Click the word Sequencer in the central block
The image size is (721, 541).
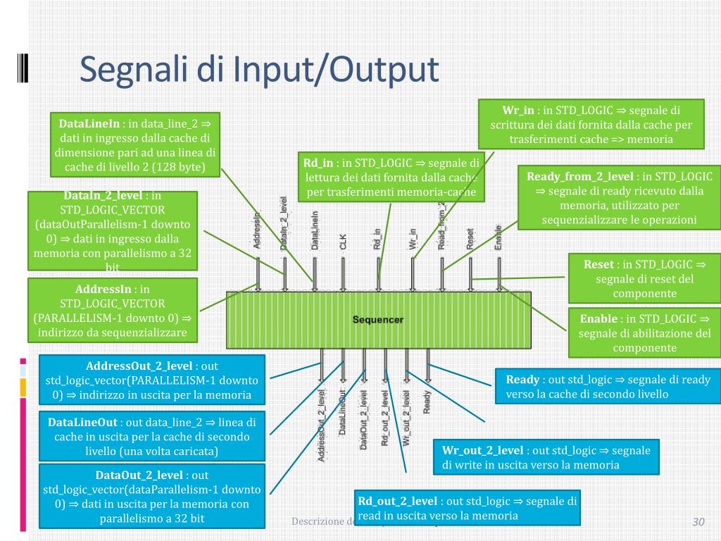[x=378, y=320]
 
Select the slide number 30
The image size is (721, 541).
[x=698, y=522]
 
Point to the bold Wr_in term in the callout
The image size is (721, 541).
[x=518, y=111]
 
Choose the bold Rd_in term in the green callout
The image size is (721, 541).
[x=318, y=163]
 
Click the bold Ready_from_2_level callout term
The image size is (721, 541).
[x=579, y=176]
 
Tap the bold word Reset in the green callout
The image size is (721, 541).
[x=598, y=264]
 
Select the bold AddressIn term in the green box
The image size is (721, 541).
[x=103, y=289]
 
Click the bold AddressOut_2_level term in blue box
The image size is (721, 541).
[x=139, y=366]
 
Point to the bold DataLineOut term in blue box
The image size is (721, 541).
[x=82, y=423]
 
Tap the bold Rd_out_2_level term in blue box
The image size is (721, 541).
[x=398, y=501]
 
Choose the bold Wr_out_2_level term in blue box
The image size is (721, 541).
[x=482, y=450]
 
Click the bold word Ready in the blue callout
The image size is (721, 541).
[x=522, y=380]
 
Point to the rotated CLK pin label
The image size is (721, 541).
[x=343, y=242]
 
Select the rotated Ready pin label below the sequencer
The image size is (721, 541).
[x=427, y=402]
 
